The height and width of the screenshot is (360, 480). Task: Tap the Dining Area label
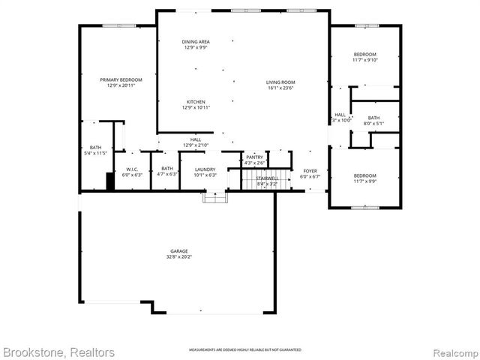point(196,41)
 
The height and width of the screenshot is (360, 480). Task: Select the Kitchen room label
point(196,102)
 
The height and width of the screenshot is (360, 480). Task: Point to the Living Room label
point(280,82)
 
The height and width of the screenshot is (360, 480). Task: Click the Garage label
point(178,251)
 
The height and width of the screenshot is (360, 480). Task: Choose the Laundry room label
point(205,169)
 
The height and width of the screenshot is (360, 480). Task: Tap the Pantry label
point(255,157)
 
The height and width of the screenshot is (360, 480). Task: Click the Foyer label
point(310,171)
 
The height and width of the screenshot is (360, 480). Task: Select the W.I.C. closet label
point(132,169)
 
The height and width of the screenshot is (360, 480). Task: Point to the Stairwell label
point(267,178)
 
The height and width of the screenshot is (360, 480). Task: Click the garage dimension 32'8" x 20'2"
point(178,257)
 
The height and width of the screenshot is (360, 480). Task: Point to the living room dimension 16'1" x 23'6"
point(280,88)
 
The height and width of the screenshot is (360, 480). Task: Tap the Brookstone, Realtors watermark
point(58,352)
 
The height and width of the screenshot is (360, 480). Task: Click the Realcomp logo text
point(452,352)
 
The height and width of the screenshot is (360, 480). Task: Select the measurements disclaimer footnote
point(244,350)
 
